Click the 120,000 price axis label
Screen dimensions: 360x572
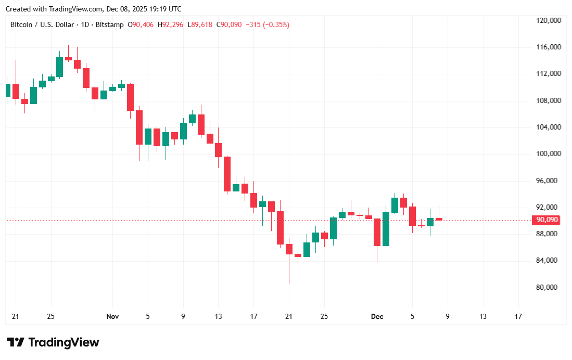[548, 20]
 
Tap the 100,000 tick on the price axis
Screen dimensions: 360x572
[548, 154]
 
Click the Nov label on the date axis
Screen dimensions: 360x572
[112, 316]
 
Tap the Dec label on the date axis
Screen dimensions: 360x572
[377, 316]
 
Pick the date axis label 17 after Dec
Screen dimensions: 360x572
[518, 316]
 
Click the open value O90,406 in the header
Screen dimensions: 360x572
[141, 24]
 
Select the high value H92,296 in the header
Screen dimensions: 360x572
[171, 24]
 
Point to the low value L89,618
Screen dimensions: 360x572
[200, 24]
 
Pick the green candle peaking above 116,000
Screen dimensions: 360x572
[59, 67]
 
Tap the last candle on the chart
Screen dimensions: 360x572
[439, 219]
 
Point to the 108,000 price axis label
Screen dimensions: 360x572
[548, 100]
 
